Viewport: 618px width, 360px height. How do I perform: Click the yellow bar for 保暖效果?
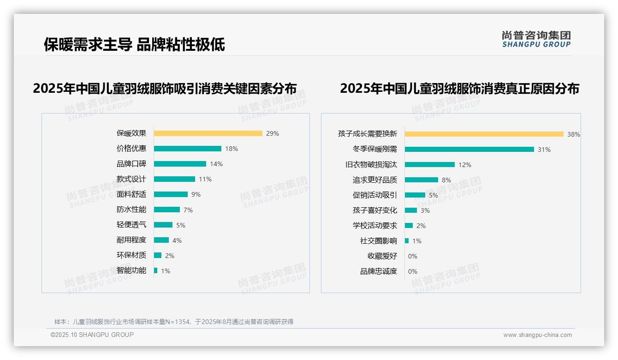(208, 133)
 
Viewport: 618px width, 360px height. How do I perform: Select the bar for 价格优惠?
(188, 149)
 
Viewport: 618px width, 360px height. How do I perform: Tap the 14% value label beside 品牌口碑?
(216, 164)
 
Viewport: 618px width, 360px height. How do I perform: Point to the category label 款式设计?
(131, 179)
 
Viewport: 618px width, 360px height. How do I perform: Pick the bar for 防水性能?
(167, 210)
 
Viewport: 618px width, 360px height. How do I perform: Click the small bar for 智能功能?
(156, 270)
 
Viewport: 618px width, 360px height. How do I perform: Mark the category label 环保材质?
(131, 255)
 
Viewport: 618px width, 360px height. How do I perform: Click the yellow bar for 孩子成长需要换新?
(484, 134)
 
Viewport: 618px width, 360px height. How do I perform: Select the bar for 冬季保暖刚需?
(469, 149)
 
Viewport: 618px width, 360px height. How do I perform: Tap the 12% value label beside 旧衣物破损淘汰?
(465, 165)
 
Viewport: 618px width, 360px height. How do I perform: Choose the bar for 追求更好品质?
(422, 180)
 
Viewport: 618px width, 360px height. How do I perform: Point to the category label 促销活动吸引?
(375, 195)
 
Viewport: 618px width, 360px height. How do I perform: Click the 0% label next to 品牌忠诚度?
(413, 271)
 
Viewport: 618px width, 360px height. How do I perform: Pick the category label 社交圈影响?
(379, 241)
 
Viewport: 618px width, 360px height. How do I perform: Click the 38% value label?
(574, 134)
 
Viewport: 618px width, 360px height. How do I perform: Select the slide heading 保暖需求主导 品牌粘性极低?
(134, 45)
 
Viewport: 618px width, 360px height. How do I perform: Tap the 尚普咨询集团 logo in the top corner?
(536, 39)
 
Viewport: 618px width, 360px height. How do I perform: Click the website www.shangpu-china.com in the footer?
(537, 335)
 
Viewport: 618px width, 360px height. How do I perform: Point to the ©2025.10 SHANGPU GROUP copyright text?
(92, 335)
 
